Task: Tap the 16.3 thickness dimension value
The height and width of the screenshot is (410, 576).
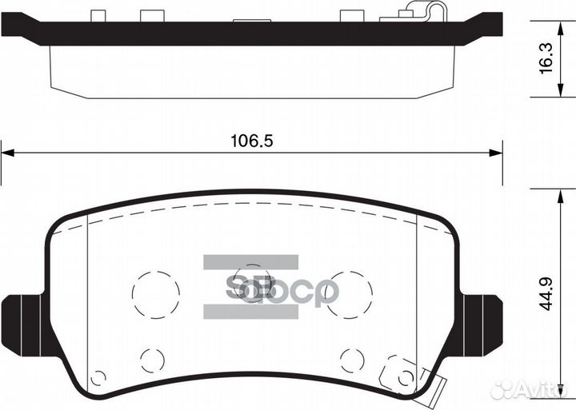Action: tap(547, 58)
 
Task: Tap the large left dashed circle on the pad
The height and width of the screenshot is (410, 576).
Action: tap(155, 294)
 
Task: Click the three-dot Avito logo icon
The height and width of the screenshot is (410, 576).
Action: tap(502, 389)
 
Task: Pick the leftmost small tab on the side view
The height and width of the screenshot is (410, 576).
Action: tap(98, 15)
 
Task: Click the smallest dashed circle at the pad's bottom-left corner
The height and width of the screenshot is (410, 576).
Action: tap(98, 378)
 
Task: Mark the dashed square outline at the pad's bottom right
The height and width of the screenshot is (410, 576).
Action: tap(398, 369)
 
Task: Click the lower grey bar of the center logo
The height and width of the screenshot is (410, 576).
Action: tap(250, 312)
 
